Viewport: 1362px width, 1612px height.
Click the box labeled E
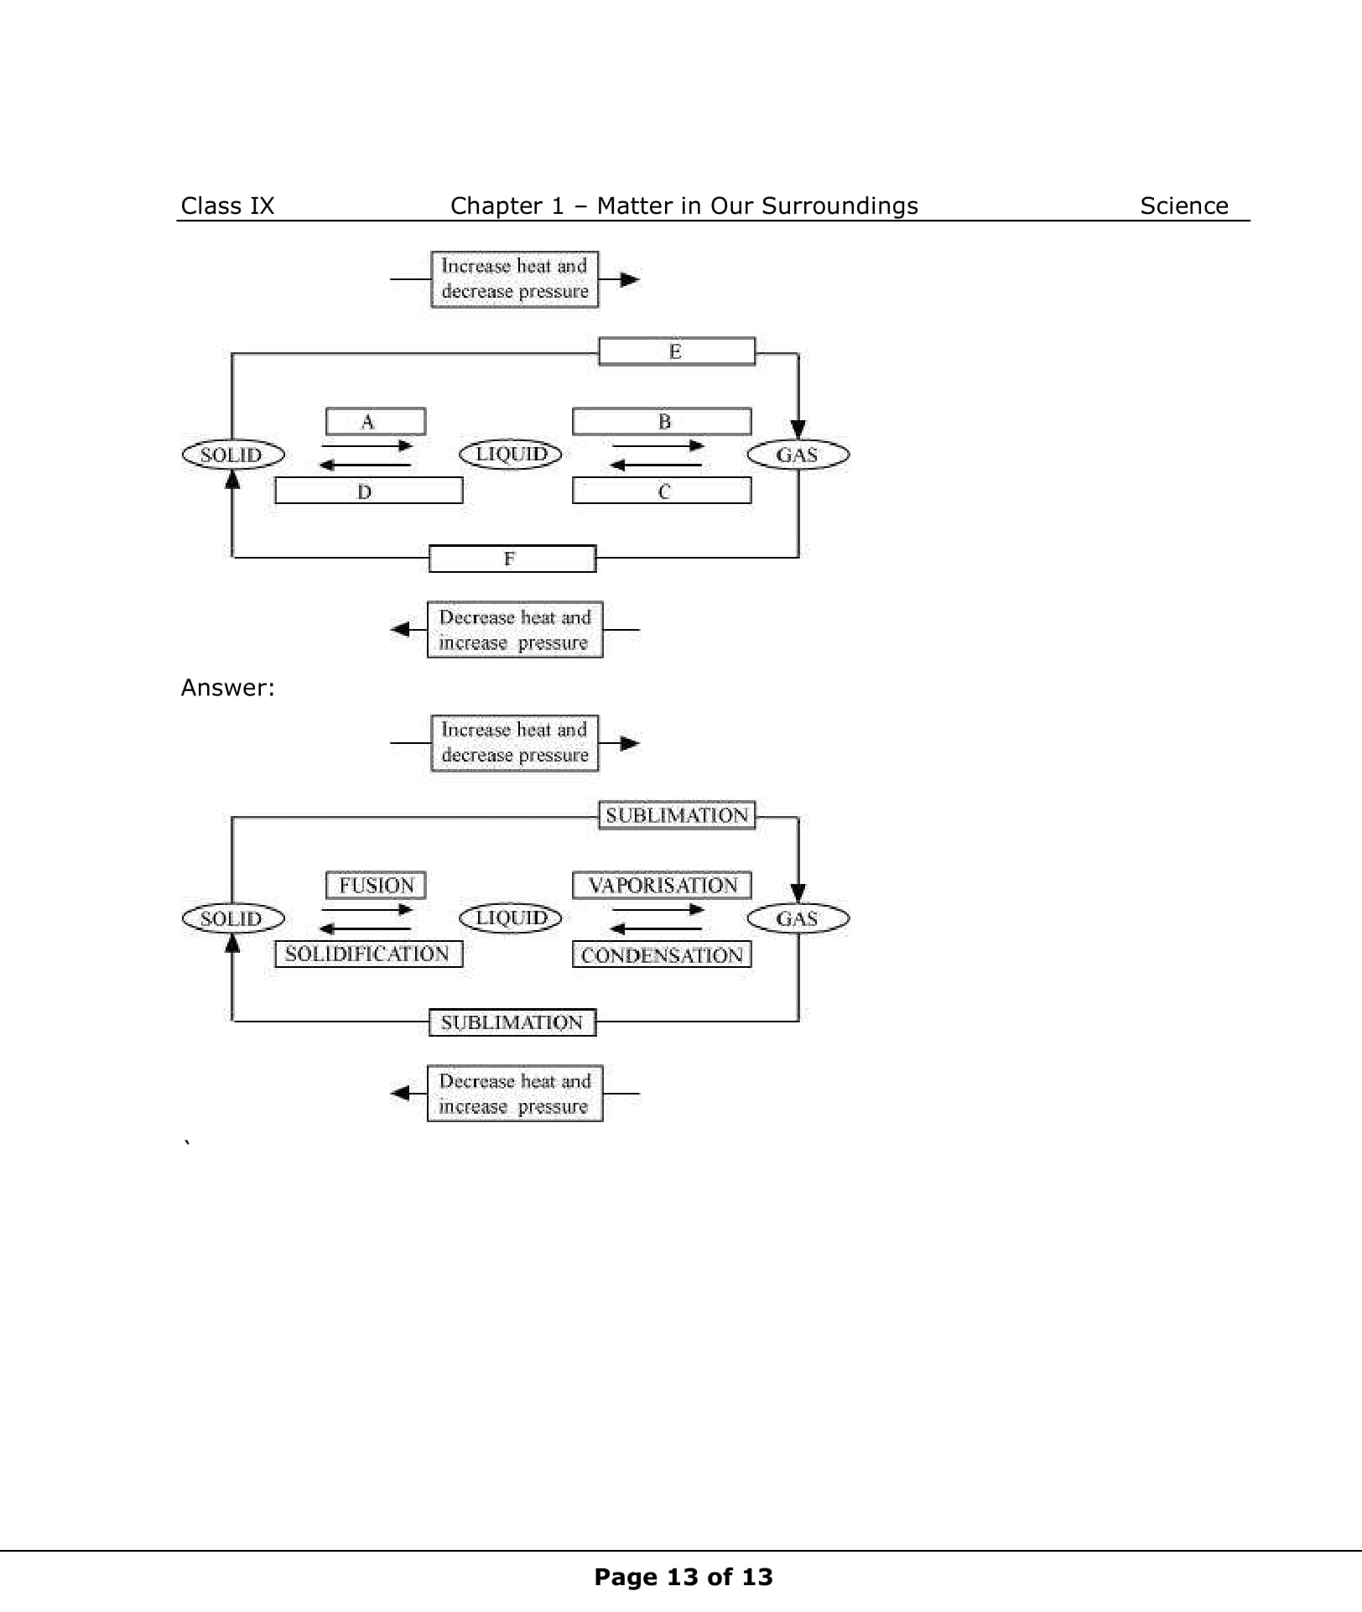[676, 351]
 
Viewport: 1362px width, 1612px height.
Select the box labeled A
[375, 421]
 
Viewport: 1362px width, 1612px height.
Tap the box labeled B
[662, 421]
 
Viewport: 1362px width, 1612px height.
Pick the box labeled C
[662, 491]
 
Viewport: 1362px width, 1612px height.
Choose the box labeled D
[368, 491]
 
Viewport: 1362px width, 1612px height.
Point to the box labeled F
[512, 559]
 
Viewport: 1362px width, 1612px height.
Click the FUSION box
[375, 885]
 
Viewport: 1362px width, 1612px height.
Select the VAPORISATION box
[662, 885]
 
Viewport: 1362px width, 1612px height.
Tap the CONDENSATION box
[662, 954]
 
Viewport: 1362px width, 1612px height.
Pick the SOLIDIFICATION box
[368, 954]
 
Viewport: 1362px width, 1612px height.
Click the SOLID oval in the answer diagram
[232, 918]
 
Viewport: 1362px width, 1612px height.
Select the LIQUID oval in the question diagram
[510, 454]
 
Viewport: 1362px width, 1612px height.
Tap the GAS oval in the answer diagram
[798, 918]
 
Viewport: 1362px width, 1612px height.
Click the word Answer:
[227, 688]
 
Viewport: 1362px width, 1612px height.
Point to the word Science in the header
[1183, 205]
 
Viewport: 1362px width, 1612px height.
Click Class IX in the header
[227, 205]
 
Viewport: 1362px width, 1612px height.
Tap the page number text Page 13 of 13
[683, 1577]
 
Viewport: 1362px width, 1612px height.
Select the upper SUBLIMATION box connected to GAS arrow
[676, 815]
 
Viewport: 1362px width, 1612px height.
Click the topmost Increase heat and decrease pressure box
[514, 279]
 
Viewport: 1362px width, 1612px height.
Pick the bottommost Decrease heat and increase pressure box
[514, 1093]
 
